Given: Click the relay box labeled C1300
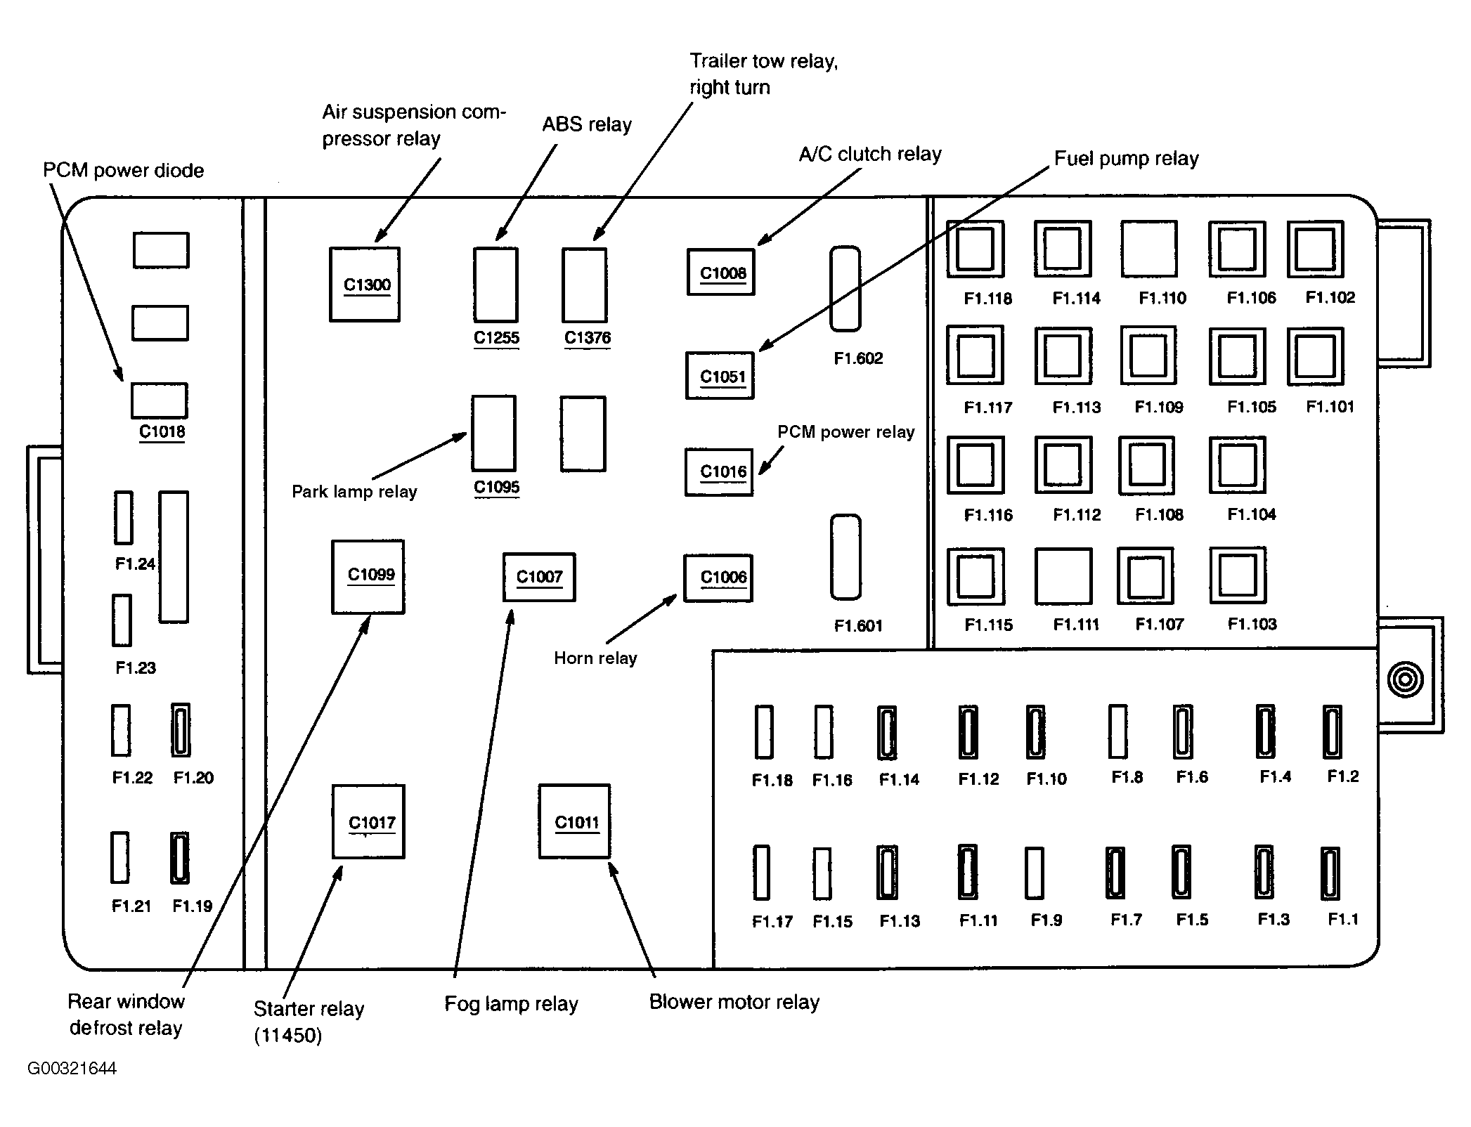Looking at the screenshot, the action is [x=365, y=285].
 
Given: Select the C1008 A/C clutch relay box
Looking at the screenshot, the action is [x=721, y=272].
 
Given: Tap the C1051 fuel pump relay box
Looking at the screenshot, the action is [x=720, y=376].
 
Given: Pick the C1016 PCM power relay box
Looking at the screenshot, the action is [x=720, y=472].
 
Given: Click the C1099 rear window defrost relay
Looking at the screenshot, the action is [x=368, y=577].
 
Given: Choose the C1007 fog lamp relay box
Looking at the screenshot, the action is [x=539, y=578].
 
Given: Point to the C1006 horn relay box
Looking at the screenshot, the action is [x=718, y=578].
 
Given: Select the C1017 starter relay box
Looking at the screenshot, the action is [x=368, y=821].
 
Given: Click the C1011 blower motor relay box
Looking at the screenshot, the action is [x=574, y=821].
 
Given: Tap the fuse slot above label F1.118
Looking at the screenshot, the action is [x=975, y=249].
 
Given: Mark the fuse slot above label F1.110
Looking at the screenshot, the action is [x=1149, y=249].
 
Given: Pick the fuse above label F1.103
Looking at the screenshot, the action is [x=1238, y=575].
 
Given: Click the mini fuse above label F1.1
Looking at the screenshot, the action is [x=1330, y=873].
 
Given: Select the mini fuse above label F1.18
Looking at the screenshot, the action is [x=764, y=732].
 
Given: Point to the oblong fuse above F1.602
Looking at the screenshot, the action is [x=845, y=289].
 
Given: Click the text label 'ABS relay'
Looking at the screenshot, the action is [x=587, y=125].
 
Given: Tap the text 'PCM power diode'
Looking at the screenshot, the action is [x=124, y=171].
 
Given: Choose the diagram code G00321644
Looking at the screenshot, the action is [x=72, y=1069].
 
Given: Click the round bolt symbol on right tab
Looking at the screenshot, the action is [x=1406, y=679].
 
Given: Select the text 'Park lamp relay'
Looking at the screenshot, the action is [x=354, y=492].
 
